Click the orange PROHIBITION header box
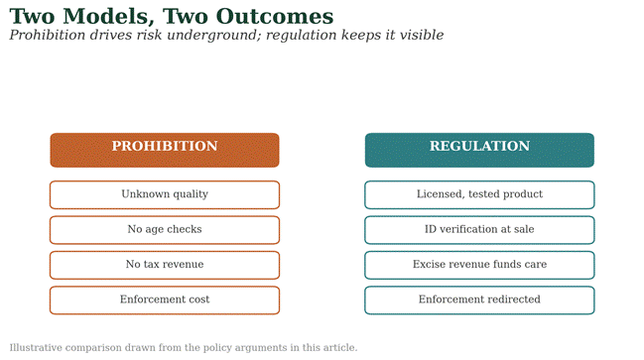165,150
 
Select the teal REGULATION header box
479,150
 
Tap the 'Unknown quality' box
165,195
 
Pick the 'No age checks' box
165,230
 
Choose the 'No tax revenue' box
165,265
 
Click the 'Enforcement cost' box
165,300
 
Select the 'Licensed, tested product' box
479,195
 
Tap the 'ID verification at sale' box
479,230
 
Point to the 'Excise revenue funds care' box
479,265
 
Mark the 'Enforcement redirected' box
479,300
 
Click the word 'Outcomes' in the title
275,17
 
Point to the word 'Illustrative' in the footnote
36,348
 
